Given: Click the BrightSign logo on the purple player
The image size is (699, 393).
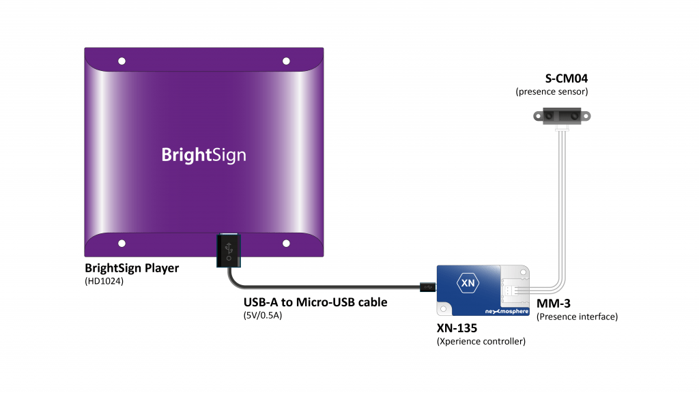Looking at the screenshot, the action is (203, 155).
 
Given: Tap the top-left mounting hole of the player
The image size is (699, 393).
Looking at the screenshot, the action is (122, 61).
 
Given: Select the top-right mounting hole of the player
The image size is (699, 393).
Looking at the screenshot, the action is (286, 61).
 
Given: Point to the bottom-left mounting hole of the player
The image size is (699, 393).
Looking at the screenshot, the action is (122, 244).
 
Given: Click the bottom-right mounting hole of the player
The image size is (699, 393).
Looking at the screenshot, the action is (286, 244).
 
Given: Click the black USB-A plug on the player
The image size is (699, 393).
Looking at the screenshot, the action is (229, 250).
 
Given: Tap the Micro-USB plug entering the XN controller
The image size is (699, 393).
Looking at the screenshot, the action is (428, 287).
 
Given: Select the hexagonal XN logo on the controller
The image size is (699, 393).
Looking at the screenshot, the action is (468, 283).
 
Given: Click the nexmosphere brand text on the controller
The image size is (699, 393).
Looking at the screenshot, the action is (507, 311).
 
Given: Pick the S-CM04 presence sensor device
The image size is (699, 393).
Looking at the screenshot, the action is (562, 116).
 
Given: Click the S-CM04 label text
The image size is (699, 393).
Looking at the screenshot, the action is (566, 78).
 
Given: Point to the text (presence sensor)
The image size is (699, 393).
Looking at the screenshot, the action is (552, 92).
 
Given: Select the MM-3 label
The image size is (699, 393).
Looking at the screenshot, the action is (553, 304).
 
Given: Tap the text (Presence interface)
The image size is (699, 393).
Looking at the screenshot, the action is (577, 317).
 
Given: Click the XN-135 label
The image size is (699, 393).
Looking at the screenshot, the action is (457, 328).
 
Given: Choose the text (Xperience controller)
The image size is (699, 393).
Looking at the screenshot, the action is (481, 341).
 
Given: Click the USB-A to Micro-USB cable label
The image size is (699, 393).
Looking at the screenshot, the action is (315, 302).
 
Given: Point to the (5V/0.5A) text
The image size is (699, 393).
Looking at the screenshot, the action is (263, 315).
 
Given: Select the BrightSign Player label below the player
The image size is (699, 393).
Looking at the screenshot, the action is (132, 268).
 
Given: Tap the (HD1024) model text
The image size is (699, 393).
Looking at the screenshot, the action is (104, 281).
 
